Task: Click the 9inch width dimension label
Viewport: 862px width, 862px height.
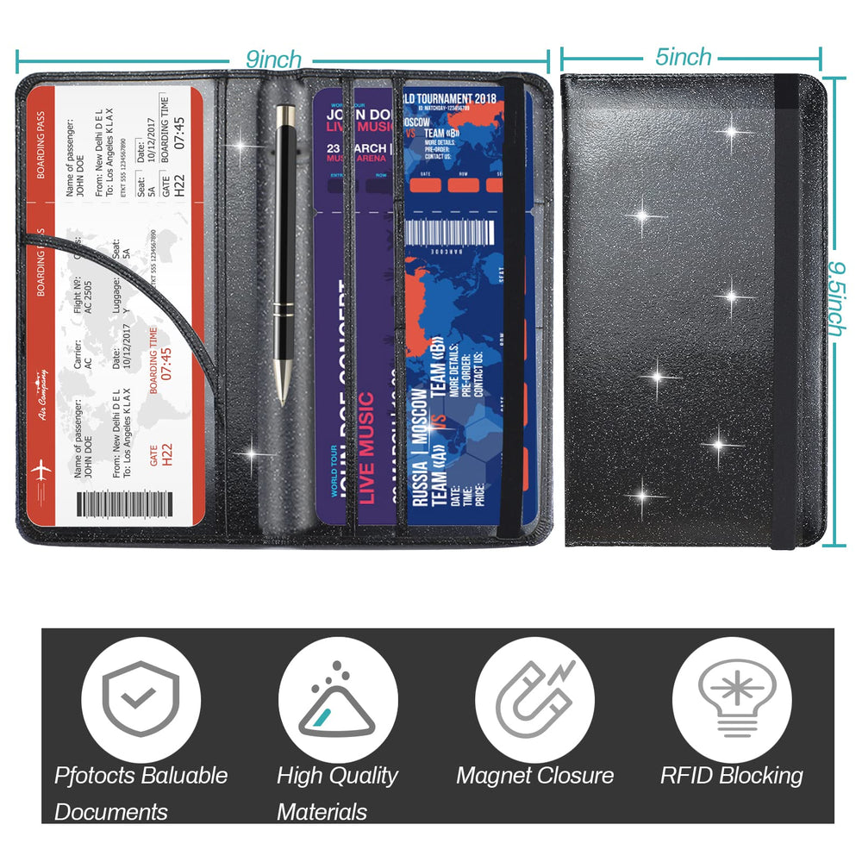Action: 273,59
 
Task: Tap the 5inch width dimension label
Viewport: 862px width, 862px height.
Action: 683,57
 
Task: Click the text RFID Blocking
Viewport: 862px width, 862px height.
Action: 731,775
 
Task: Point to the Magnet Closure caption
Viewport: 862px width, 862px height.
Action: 534,775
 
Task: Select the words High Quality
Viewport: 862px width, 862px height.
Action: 337,775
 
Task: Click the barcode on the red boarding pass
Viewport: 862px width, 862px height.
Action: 122,503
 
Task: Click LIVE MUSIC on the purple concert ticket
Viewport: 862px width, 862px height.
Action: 366,448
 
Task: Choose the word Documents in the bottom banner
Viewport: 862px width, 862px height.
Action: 110,811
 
